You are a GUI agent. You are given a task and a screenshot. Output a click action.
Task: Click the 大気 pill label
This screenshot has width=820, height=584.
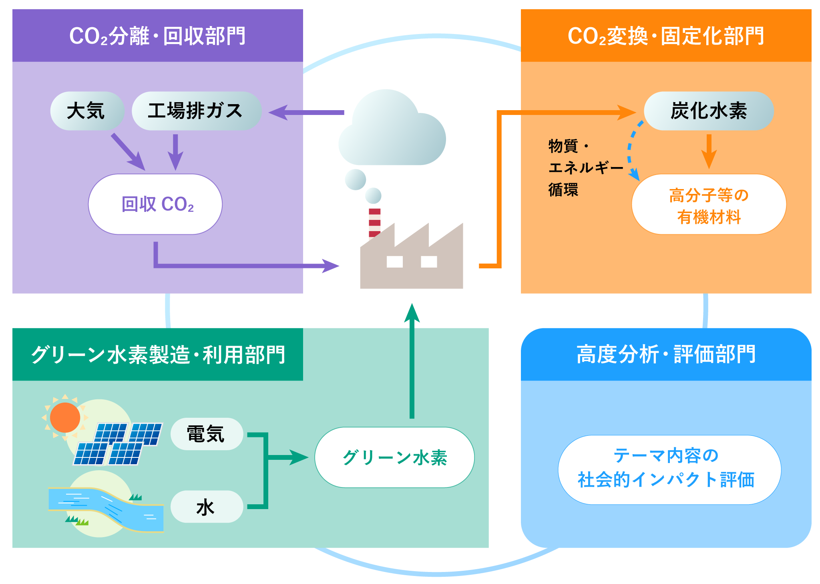click(x=86, y=111)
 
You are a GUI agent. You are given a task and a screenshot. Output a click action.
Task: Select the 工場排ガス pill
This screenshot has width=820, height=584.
click(x=196, y=111)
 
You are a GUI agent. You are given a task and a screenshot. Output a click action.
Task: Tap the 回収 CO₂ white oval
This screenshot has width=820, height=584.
click(x=155, y=204)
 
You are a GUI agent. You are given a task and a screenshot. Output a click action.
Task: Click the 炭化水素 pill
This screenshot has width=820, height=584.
click(x=709, y=111)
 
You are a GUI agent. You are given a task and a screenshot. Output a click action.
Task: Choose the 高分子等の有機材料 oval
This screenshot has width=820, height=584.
click(x=709, y=205)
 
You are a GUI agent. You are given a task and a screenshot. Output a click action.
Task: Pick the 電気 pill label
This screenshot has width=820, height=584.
click(x=207, y=434)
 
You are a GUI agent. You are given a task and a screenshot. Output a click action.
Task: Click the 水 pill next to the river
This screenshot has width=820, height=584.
click(x=207, y=507)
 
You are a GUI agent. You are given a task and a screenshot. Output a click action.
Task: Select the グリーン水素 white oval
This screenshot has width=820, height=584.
click(x=394, y=457)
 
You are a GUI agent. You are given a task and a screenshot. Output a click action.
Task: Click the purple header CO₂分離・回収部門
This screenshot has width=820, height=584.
click(x=157, y=36)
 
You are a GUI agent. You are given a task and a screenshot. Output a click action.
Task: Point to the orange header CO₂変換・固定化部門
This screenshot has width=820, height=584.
click(x=666, y=36)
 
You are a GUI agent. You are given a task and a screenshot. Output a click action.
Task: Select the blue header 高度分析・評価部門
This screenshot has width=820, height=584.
click(x=666, y=354)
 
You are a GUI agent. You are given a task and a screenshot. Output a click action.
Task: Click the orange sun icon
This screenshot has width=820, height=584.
click(x=65, y=417)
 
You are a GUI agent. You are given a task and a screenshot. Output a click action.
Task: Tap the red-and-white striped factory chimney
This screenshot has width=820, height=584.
click(x=374, y=222)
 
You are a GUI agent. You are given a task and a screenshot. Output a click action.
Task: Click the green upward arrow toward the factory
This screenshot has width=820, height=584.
click(x=412, y=360)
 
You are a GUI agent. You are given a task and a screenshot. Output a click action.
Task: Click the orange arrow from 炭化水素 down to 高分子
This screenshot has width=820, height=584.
click(x=709, y=151)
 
